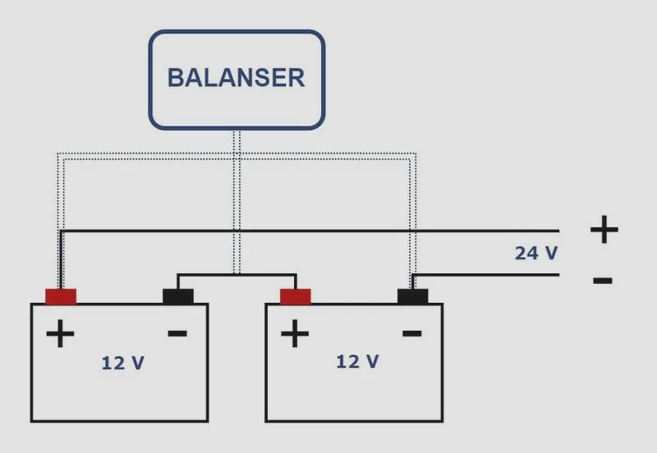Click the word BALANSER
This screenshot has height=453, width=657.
point(236,78)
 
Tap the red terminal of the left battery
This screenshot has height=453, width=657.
point(61,296)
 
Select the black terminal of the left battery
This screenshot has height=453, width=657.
point(178,296)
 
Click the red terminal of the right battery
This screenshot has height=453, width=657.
point(296,296)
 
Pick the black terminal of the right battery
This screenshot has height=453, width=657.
point(413,296)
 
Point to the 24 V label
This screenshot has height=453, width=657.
point(536,254)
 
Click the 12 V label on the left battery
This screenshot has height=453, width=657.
point(122,363)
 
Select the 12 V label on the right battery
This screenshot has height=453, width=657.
point(357,362)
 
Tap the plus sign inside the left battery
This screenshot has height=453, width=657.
point(60,334)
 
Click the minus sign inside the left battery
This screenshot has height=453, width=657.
point(177,334)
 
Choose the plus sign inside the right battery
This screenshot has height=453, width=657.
point(295,334)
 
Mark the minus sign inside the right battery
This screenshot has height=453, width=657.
point(412,334)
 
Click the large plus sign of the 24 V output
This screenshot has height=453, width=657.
point(604,230)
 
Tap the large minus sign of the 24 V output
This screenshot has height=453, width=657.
point(603,280)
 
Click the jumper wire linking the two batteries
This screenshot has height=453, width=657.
point(237,275)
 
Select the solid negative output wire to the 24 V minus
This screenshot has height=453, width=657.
point(486,275)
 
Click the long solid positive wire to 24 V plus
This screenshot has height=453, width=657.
point(310,231)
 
